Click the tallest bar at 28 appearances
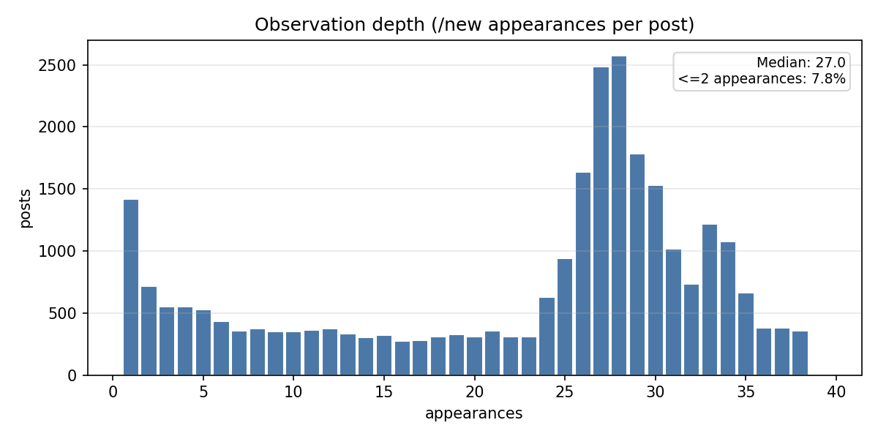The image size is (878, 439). [x=619, y=216]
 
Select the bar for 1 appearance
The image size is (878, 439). [x=131, y=288]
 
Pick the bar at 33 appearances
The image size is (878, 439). [x=710, y=300]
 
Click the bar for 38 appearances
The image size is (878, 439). [x=800, y=353]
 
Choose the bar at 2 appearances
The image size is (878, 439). [x=149, y=331]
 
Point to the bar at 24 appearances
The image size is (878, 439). [x=547, y=337]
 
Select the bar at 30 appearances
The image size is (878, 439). [x=656, y=281]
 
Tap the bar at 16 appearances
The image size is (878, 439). [x=402, y=359]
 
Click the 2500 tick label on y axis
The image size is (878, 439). [x=62, y=65]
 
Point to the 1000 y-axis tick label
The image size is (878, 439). [x=62, y=251]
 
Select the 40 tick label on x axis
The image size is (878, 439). [x=836, y=392]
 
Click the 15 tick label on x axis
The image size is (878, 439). [x=384, y=392]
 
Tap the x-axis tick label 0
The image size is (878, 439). [x=113, y=392]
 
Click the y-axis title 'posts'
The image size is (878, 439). [x=26, y=208]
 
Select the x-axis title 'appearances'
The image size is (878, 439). [x=473, y=413]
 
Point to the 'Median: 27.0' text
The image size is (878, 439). [x=800, y=63]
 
